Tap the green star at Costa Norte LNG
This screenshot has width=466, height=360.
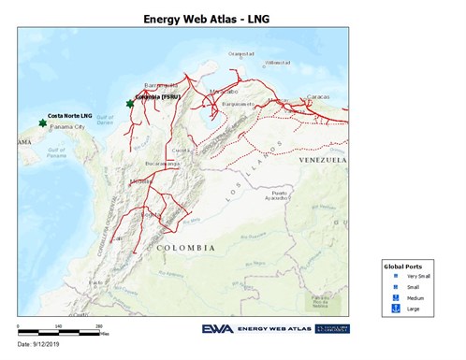42,122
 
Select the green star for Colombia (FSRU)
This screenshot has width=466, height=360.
130,103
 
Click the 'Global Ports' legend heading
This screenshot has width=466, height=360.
404,267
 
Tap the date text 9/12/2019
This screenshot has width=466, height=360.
37,348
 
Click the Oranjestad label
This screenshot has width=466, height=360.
240,53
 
